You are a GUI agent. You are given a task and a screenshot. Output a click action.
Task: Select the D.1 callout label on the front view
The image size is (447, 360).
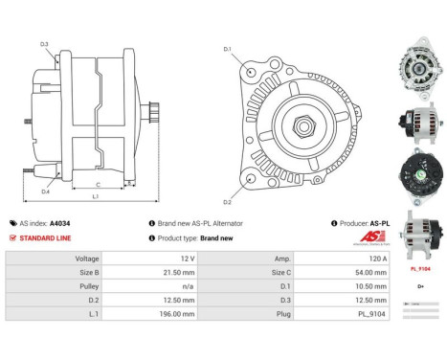click(x=228, y=49)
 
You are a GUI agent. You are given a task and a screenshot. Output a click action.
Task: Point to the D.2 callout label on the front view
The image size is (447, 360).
click(x=228, y=202)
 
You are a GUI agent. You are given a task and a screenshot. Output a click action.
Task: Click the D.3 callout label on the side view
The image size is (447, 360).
click(x=45, y=43)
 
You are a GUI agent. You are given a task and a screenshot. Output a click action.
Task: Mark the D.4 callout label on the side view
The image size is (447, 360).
click(x=45, y=191)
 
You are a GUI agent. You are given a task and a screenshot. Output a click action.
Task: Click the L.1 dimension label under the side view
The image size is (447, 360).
click(x=95, y=197)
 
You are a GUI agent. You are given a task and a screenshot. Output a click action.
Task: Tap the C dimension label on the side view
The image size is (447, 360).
click(x=99, y=185)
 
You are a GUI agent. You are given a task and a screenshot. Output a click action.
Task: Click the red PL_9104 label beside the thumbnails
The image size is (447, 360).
click(x=419, y=270)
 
